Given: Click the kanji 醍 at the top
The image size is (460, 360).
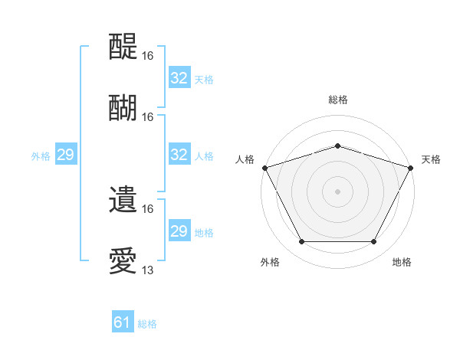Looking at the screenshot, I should (124, 47).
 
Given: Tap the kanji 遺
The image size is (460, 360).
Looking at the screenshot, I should (124, 201).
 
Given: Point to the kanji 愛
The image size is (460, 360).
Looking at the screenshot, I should (124, 262).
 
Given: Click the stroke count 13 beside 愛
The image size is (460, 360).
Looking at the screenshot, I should (148, 270).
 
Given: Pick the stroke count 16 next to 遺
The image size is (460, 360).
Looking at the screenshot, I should (148, 208).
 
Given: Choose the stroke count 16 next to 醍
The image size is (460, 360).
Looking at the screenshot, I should (148, 56).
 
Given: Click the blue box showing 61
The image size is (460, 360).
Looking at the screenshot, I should (123, 323).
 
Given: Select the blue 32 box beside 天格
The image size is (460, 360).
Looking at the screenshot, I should (179, 78).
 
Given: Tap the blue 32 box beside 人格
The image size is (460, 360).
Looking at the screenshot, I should (179, 155).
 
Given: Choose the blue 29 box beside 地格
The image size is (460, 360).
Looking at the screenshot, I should (179, 231).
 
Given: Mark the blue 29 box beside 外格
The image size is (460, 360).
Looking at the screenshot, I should (65, 155).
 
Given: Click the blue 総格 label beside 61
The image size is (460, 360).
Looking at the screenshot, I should (147, 324).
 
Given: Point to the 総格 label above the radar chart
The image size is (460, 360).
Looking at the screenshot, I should (337, 100).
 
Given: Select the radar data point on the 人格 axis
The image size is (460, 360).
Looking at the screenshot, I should (264, 168).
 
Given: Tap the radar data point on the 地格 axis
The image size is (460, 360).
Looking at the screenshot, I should (374, 242).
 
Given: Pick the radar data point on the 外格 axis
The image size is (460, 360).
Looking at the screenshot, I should (301, 242).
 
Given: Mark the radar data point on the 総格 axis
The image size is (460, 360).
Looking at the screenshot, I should (337, 146).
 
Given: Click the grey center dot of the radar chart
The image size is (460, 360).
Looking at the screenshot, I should (337, 191).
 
